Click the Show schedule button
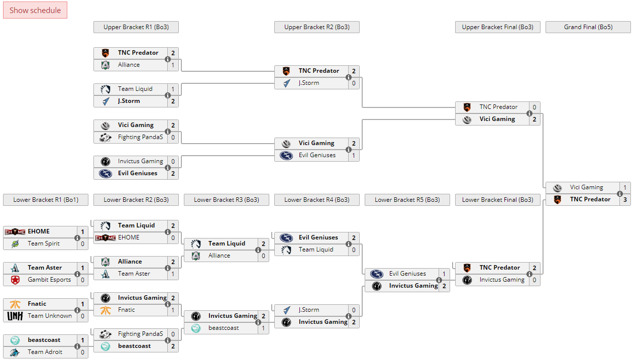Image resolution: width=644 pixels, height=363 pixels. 35,10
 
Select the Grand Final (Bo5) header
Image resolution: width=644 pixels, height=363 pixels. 588,27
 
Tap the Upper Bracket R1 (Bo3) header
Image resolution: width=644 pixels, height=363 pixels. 136,27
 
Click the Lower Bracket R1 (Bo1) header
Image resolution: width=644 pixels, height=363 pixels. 45,200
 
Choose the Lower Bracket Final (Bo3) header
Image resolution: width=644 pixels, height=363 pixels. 497,200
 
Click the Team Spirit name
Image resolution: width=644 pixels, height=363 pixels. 44,244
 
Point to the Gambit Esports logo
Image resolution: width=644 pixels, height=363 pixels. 15,280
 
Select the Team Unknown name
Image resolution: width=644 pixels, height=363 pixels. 50,316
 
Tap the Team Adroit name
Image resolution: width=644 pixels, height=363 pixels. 45,352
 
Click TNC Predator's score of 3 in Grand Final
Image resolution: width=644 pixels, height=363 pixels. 625,199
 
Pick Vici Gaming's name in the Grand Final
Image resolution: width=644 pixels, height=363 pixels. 586,187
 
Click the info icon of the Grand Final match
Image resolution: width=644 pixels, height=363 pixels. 620,194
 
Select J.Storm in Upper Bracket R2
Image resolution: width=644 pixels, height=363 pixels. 309,83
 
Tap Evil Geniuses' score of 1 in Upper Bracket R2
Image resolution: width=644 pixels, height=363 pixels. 354,155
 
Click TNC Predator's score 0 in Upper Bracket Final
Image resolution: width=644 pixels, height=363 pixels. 534,107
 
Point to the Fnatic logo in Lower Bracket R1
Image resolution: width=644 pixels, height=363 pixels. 15,304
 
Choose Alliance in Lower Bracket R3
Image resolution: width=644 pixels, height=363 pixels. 219,256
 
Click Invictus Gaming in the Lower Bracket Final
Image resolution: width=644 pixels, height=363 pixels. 502,280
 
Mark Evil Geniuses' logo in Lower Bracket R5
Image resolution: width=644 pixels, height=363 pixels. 377,274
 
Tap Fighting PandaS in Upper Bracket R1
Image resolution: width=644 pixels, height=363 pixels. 141,137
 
